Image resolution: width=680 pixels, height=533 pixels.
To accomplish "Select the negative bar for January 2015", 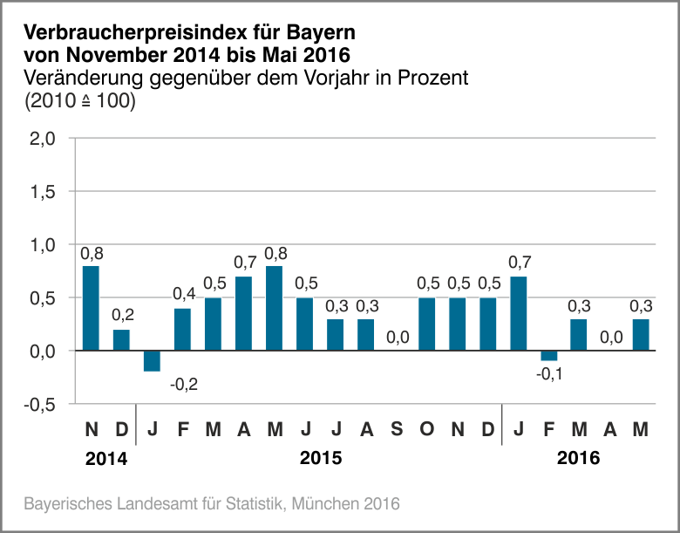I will click(x=152, y=360).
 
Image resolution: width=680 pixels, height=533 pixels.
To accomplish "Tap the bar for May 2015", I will click(x=274, y=308).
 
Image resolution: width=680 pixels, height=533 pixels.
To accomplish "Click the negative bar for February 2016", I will click(x=548, y=355).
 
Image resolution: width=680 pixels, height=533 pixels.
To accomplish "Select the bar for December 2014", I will click(x=121, y=340).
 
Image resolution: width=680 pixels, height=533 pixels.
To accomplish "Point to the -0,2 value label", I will click(x=184, y=384).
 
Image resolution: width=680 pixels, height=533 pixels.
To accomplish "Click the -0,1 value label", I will click(x=550, y=375).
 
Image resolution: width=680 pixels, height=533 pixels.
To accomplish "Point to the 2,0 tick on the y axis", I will click(x=43, y=139).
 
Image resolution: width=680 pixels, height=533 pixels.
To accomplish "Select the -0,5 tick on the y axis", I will click(x=40, y=405).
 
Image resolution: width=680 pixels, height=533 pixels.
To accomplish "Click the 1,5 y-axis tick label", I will click(x=43, y=192).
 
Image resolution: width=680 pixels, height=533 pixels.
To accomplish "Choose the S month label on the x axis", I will click(x=397, y=429).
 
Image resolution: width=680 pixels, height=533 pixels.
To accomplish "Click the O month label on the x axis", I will click(x=426, y=429).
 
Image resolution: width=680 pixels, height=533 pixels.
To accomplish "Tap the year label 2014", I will click(x=105, y=459).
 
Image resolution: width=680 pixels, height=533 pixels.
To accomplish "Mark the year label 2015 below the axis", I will click(x=320, y=459).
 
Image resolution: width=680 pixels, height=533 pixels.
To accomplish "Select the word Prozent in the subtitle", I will click(x=433, y=78).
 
